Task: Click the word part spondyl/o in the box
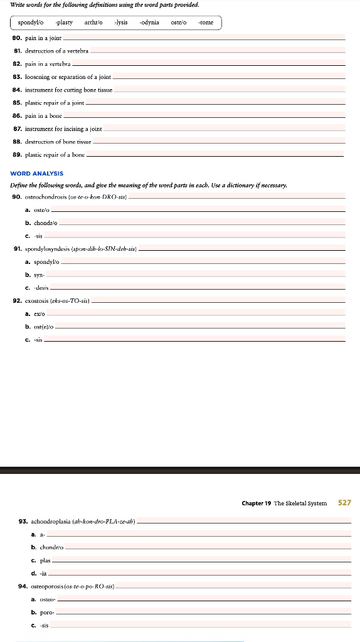[31, 23]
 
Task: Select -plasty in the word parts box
[64, 23]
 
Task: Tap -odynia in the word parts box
[149, 23]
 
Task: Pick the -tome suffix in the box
[206, 23]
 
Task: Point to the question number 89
[17, 154]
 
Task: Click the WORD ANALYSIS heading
[37, 173]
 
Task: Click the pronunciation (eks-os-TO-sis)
[68, 301]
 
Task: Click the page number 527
[344, 503]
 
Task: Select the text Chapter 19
[257, 503]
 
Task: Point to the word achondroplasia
[51, 522]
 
